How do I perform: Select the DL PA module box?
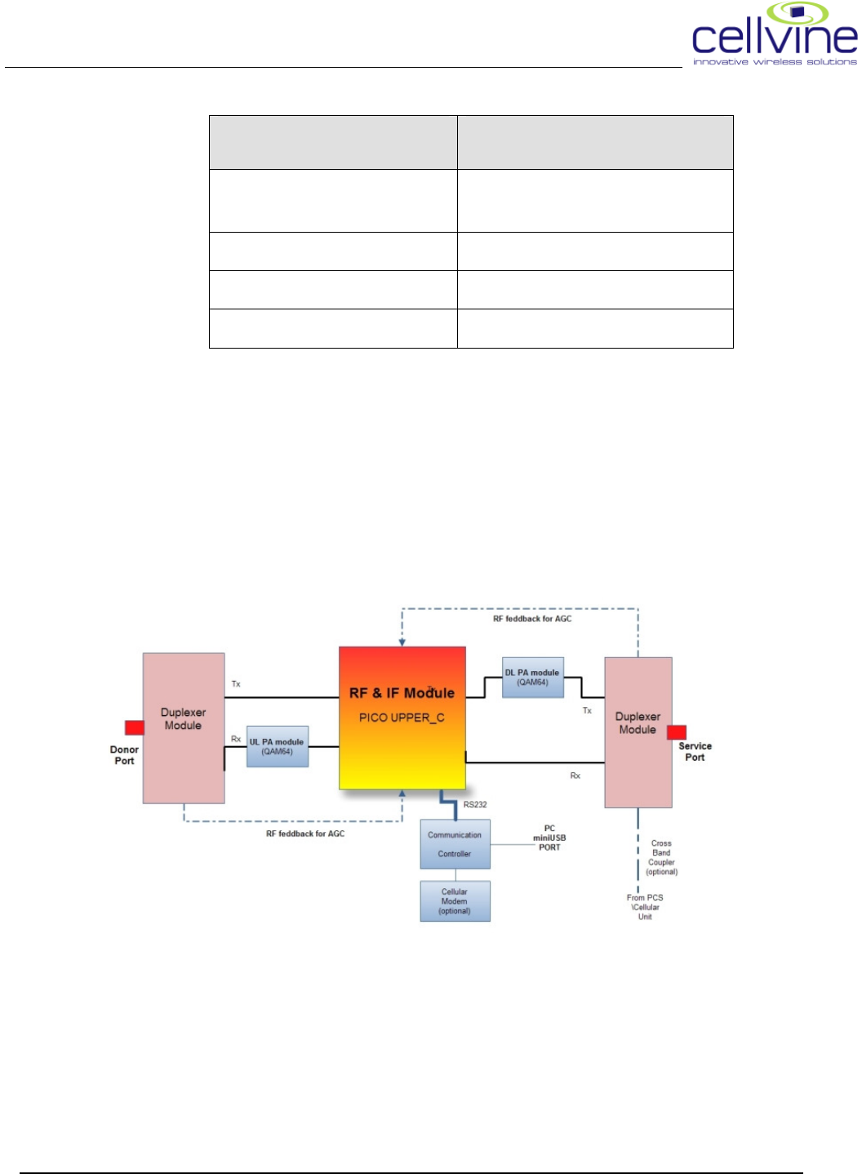pos(532,678)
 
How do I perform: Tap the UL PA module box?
pos(278,746)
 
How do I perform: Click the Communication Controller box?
pos(455,844)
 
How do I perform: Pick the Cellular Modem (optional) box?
pos(455,901)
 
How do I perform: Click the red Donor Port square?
pos(134,727)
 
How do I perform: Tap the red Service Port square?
pos(677,732)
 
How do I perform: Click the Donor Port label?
pos(124,755)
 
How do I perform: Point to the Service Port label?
pos(695,752)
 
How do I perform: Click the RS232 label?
pos(475,805)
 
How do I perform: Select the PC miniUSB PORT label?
pos(549,838)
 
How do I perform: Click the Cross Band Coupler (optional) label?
pos(661,857)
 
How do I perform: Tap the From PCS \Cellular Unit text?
pos(645,907)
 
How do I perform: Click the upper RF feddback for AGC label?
pos(532,619)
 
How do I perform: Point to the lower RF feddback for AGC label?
pos(305,834)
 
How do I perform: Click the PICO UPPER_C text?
pos(402,718)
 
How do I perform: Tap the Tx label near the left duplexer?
pos(236,684)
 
